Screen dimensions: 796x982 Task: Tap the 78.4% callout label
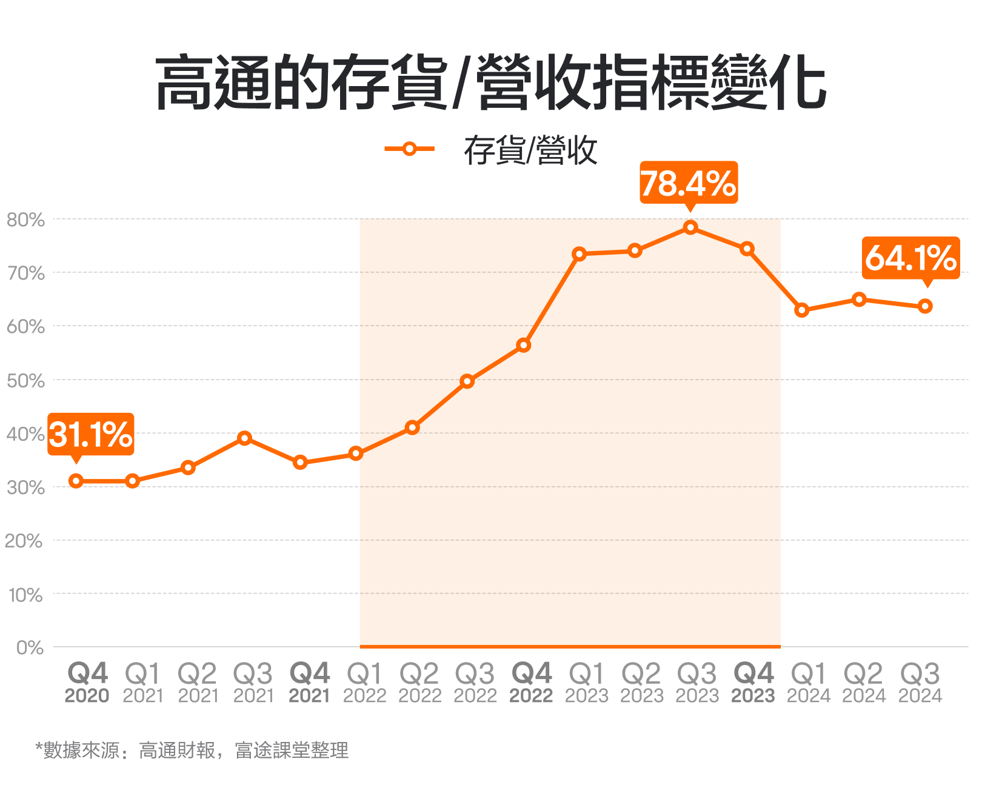click(689, 182)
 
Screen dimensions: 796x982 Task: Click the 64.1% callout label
click(910, 258)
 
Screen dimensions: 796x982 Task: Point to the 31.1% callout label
click(91, 434)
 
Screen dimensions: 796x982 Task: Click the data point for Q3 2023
click(690, 227)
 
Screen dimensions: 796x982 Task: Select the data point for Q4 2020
click(76, 481)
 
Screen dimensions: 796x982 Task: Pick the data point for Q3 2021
click(244, 438)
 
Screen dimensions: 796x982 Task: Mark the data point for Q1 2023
click(579, 254)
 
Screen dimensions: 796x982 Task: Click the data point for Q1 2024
click(802, 310)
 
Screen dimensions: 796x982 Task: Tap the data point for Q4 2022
click(524, 346)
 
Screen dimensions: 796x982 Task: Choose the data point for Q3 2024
click(925, 306)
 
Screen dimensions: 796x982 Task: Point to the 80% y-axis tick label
click(26, 219)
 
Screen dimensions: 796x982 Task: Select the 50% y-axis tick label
click(26, 381)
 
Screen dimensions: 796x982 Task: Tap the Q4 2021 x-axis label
click(310, 683)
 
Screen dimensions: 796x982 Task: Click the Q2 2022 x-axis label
click(419, 683)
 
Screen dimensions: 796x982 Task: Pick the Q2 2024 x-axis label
click(864, 683)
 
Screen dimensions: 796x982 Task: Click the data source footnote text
click(192, 751)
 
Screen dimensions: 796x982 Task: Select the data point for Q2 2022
click(412, 427)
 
